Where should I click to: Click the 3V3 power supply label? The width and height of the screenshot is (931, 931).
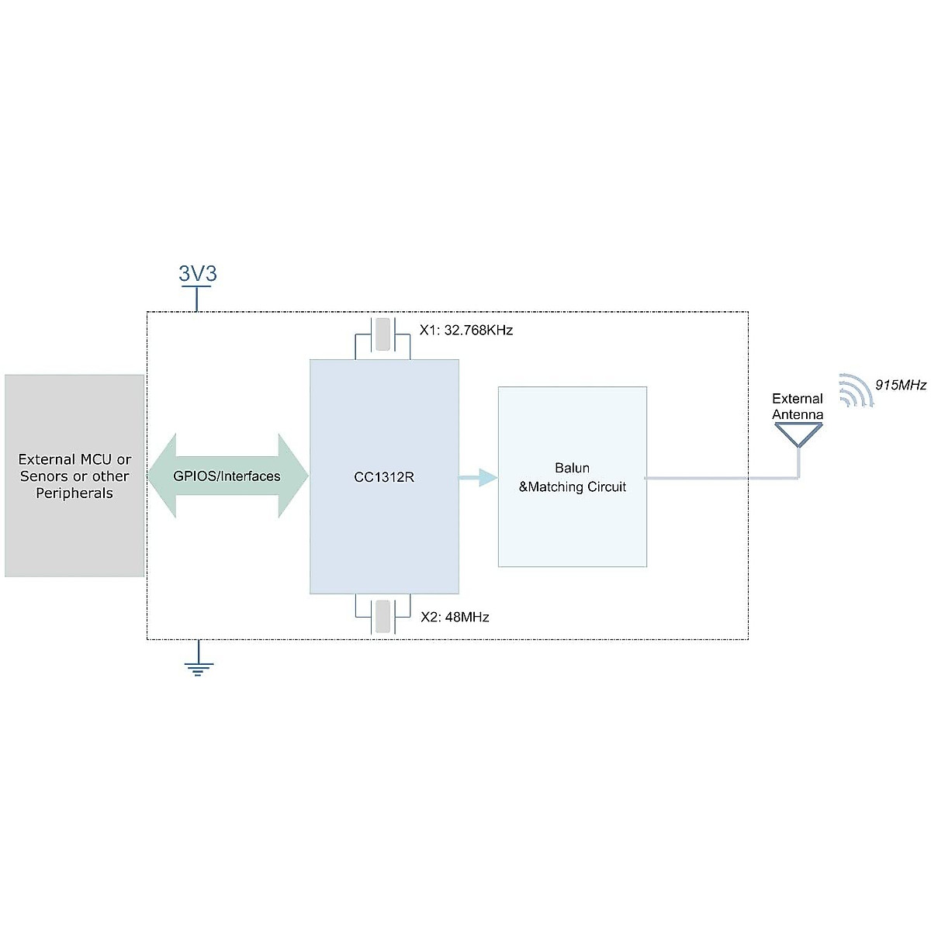[x=198, y=273]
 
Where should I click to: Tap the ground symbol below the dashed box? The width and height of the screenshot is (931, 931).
[x=199, y=666]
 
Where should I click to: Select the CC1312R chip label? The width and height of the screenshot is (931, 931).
[x=384, y=477]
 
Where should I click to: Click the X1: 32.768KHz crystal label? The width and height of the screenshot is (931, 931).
[x=466, y=330]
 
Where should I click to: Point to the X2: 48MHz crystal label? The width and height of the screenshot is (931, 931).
[x=455, y=617]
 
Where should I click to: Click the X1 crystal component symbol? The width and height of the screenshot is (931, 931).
[x=382, y=334]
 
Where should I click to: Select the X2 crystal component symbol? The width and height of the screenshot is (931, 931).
[x=382, y=617]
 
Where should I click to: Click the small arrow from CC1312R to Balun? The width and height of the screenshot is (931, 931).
[x=479, y=477]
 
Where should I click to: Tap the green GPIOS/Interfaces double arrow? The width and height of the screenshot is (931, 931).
[x=227, y=476]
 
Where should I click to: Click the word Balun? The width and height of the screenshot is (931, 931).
[x=572, y=468]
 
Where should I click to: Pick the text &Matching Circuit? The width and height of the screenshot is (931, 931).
[x=572, y=487]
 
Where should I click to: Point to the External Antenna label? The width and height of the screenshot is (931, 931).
[x=798, y=406]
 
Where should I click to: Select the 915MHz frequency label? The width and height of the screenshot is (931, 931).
[x=900, y=385]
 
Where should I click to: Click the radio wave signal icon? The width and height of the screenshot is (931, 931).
[x=854, y=391]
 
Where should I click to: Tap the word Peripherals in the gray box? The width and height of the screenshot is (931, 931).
[x=74, y=493]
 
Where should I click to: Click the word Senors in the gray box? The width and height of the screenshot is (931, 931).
[x=43, y=476]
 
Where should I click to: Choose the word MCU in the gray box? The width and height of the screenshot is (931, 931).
[x=96, y=459]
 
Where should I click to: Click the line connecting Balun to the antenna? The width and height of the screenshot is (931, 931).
[x=722, y=478]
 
